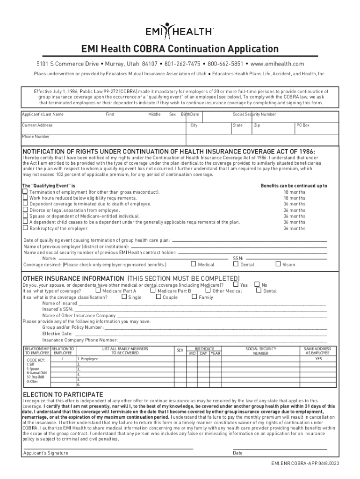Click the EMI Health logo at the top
pos(180,31)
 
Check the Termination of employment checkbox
pos(25,192)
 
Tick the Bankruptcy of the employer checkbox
pos(25,228)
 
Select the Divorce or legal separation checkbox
pos(25,210)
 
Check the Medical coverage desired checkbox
pos(194,264)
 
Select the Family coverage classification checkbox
pos(194,297)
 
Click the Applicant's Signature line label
pos(46,453)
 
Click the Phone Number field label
pos(36,137)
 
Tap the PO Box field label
pos(303,125)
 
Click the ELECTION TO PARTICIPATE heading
pos(63,394)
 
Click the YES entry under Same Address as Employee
pos(318,359)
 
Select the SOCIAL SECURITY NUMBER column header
pos(261,351)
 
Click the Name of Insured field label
pos(60,303)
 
